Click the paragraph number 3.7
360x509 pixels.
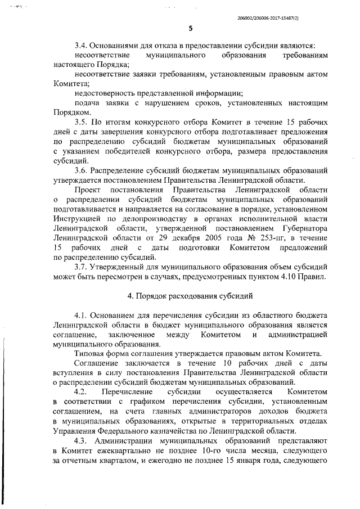[82, 266]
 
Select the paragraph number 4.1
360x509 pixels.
[82, 315]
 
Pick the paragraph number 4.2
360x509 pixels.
[82, 391]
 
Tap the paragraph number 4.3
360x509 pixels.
[82, 439]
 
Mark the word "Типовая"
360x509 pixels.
[90, 353]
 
